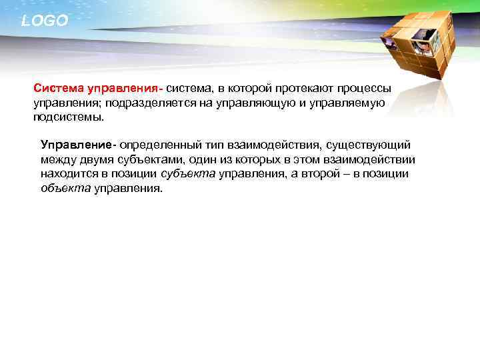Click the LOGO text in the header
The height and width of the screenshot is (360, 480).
pos(45,21)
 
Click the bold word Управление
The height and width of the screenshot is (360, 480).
pos(76,145)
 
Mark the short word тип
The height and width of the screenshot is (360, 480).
pos(214,145)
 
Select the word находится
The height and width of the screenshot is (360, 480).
pos(66,174)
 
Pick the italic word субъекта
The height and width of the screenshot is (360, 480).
pos(188,174)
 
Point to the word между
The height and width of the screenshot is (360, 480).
pos(57,160)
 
